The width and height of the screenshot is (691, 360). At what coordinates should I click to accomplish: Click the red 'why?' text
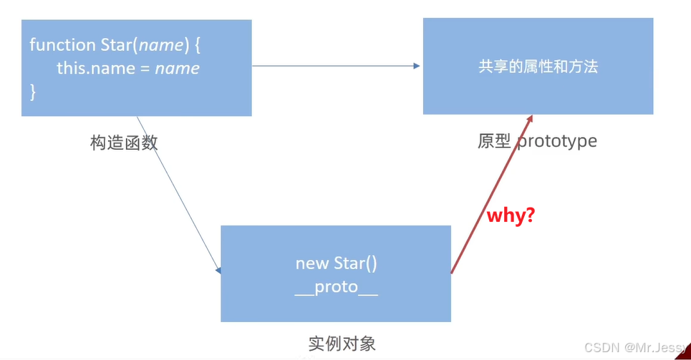click(511, 215)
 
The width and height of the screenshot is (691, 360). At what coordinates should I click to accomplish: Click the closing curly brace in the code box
click(32, 92)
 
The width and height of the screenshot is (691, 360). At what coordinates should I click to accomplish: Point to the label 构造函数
click(124, 142)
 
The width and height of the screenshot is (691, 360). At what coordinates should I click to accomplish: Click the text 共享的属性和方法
click(538, 67)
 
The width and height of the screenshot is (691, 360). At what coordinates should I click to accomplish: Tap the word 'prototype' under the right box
click(556, 140)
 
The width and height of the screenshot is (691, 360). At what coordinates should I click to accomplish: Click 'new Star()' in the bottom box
click(336, 263)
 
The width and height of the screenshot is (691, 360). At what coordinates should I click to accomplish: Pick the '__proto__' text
click(336, 290)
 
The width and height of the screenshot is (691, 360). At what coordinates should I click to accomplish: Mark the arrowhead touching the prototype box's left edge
click(417, 66)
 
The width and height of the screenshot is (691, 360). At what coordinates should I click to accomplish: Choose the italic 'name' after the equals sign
click(177, 69)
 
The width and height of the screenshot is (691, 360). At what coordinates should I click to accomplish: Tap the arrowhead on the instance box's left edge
click(218, 271)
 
